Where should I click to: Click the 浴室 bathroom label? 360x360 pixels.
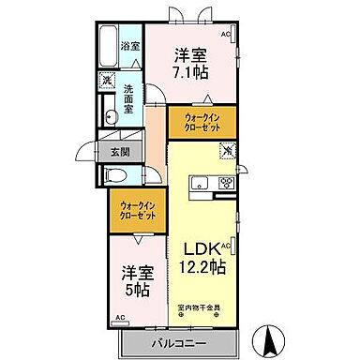tap(131, 45)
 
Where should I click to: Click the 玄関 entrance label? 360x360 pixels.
tap(122, 151)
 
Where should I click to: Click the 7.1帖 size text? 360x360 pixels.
tap(190, 73)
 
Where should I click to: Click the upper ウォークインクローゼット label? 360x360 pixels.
tap(202, 123)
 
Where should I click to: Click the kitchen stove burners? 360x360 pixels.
tap(225, 182)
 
